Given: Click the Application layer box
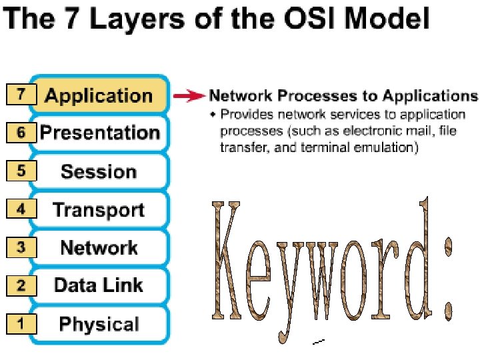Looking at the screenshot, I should pyautogui.click(x=99, y=96).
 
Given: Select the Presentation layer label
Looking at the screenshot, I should pyautogui.click(x=100, y=133).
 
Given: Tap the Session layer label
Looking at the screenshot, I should pyautogui.click(x=99, y=171).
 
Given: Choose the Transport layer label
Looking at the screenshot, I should pyautogui.click(x=99, y=210).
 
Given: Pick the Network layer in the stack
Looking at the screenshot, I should pyautogui.click(x=99, y=248).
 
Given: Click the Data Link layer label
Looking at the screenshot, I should pyautogui.click(x=99, y=286).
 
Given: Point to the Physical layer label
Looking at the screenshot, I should pyautogui.click(x=99, y=325).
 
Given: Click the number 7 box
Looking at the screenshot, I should pyautogui.click(x=21, y=95).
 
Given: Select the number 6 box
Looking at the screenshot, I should pyautogui.click(x=21, y=133).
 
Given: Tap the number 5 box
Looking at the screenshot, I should pyautogui.click(x=21, y=171).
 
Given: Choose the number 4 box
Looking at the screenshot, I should pyautogui.click(x=21, y=209).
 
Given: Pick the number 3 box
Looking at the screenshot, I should pyautogui.click(x=21, y=247).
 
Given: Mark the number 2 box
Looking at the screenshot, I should pyautogui.click(x=21, y=286).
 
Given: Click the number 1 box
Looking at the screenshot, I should pyautogui.click(x=21, y=325).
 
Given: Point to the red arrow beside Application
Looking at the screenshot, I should pyautogui.click(x=189, y=96).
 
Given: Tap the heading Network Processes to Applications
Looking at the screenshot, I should pyautogui.click(x=343, y=96).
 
